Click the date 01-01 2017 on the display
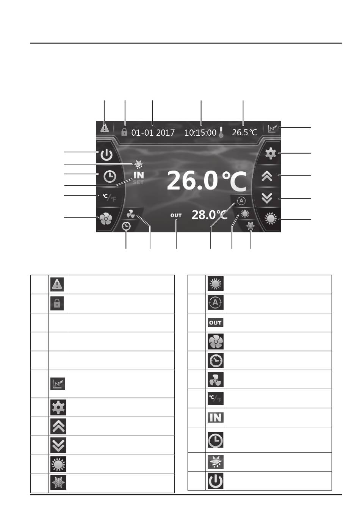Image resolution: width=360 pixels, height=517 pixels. point(153,133)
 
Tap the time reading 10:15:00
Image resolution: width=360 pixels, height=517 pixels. point(200,133)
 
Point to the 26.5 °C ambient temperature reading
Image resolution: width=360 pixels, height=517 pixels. point(244,132)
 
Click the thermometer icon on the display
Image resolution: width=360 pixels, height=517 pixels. point(221,132)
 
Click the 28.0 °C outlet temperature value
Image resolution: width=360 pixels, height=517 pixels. point(210,215)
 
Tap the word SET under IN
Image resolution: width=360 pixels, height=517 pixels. point(138,182)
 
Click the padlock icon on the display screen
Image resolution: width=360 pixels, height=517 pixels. point(124,132)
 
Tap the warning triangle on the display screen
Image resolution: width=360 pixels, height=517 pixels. point(105,128)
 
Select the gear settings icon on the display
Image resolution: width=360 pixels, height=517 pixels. point(271,154)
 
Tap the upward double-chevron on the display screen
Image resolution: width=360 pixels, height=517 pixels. point(267,177)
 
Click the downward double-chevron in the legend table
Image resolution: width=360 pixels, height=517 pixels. point(58,445)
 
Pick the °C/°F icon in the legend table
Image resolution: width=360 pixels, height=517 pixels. point(215,398)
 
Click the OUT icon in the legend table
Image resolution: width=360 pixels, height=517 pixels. point(215,323)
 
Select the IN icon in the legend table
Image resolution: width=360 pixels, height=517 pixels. point(215,418)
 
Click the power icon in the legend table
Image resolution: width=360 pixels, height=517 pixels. point(215,481)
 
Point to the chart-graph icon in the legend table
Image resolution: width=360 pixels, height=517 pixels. point(58,384)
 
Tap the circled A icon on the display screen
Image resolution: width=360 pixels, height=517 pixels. point(241,201)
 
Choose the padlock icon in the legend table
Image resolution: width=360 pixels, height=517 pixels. point(57,303)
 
